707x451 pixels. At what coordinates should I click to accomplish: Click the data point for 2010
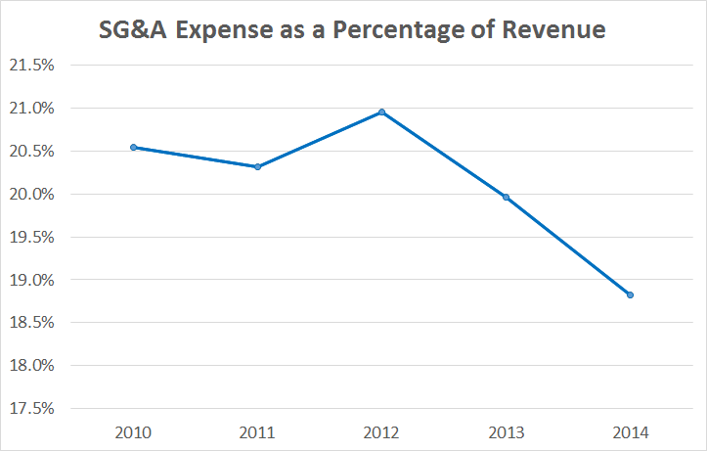pyautogui.click(x=134, y=147)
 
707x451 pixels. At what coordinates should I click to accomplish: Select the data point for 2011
pyautogui.click(x=258, y=166)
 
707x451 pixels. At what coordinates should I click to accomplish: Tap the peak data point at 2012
pyautogui.click(x=381, y=113)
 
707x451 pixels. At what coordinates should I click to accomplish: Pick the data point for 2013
pyautogui.click(x=506, y=197)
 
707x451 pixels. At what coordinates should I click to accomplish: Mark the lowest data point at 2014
pyautogui.click(x=630, y=294)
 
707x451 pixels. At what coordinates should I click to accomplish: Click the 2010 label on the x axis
pyautogui.click(x=134, y=431)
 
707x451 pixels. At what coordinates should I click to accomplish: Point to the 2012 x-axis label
pyautogui.click(x=381, y=431)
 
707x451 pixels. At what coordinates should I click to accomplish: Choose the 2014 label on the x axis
pyautogui.click(x=630, y=431)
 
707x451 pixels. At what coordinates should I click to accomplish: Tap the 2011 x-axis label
pyautogui.click(x=258, y=431)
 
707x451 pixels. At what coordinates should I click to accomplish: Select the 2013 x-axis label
pyautogui.click(x=506, y=431)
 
